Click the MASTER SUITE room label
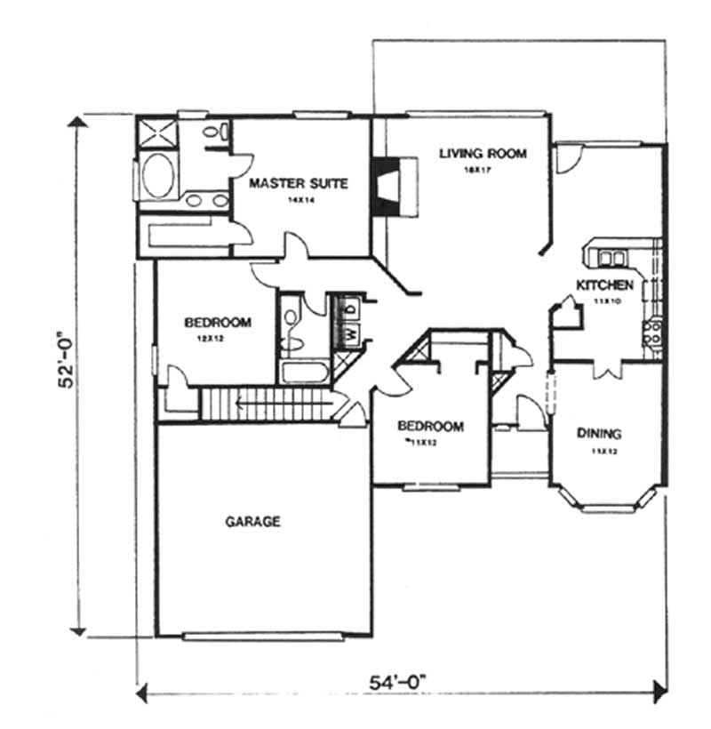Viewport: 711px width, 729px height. (297, 184)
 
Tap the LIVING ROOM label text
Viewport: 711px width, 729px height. (483, 154)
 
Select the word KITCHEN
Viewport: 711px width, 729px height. (605, 285)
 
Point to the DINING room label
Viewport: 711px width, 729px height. (599, 434)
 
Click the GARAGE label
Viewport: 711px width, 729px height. (252, 522)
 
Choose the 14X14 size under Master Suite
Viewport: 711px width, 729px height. (296, 201)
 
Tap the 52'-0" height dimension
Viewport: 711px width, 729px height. (68, 373)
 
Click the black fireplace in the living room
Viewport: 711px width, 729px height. (387, 185)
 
